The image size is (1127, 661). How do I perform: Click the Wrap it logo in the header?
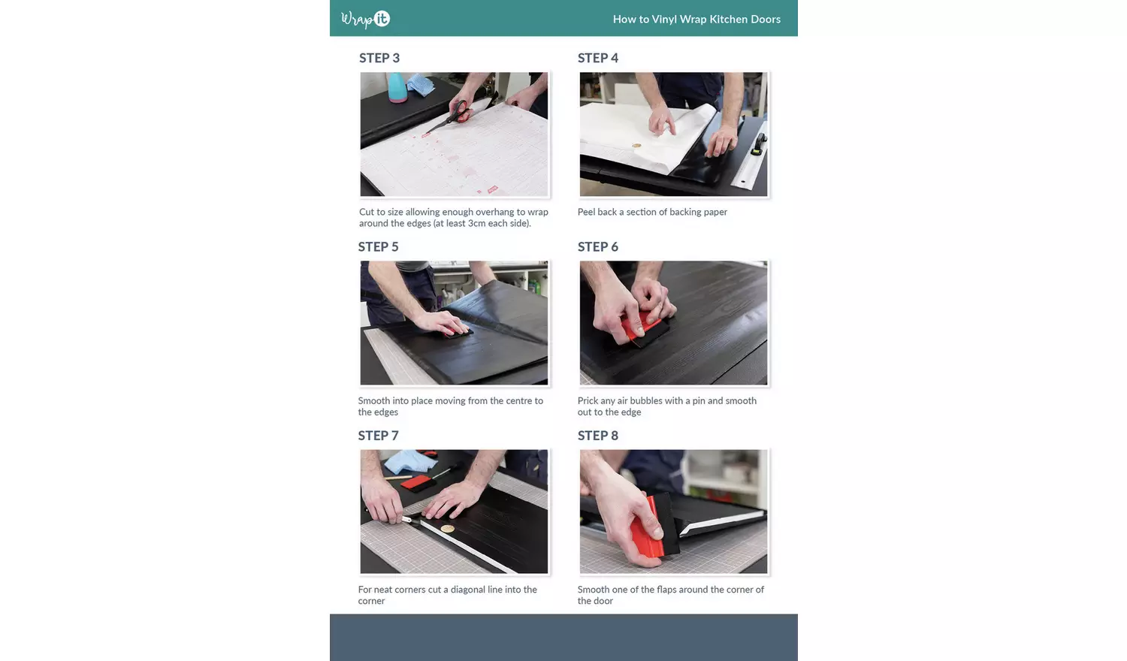(366, 19)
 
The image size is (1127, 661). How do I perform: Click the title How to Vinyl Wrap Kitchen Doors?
(696, 20)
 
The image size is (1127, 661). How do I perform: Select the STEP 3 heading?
(379, 59)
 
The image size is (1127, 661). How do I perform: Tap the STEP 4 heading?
(598, 59)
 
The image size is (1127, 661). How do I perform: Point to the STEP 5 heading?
(378, 247)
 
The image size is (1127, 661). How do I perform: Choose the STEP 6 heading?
(598, 247)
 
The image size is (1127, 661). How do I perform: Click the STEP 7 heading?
(378, 436)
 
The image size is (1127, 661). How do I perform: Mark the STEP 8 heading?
(598, 436)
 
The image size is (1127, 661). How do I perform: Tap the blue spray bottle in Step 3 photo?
(396, 87)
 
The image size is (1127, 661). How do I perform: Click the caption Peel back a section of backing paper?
(652, 213)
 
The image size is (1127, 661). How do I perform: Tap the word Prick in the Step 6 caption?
(588, 401)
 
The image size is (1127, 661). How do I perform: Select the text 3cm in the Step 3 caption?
(477, 224)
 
